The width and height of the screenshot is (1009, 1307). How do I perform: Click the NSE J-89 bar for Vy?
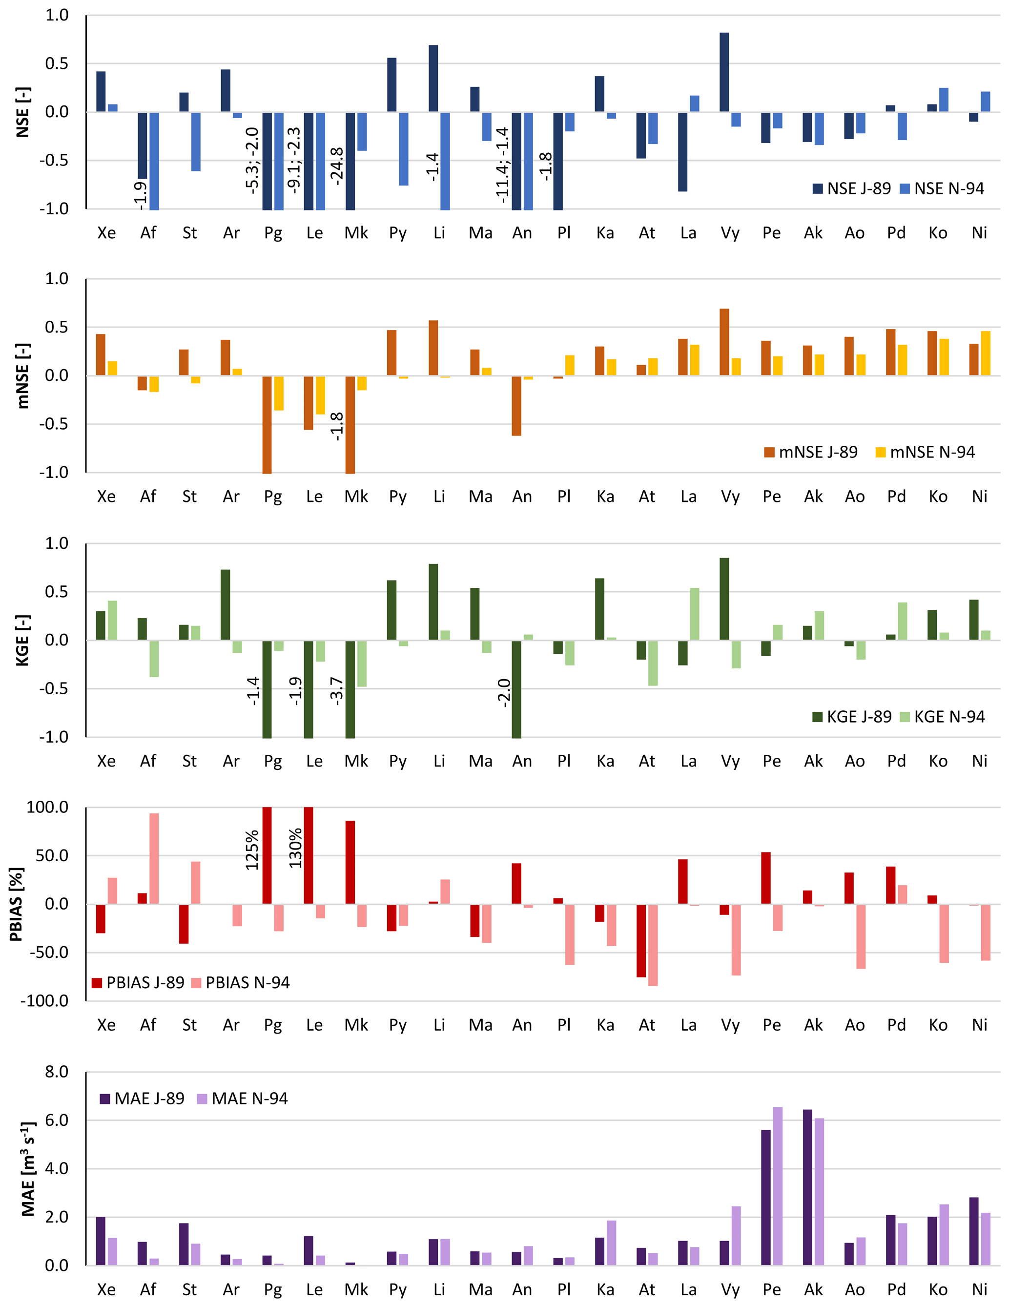(x=724, y=72)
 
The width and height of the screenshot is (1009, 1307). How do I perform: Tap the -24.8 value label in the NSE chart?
(x=337, y=166)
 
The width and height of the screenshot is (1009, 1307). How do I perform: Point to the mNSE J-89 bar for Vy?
(x=724, y=342)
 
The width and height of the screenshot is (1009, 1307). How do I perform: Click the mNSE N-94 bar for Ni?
(x=986, y=353)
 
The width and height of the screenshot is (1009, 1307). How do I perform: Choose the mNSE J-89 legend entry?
(x=810, y=453)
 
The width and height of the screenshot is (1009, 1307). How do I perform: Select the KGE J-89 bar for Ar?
(x=226, y=604)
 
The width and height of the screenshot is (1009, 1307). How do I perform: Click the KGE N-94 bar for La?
(x=695, y=614)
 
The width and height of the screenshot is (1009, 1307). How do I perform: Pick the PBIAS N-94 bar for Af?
(x=154, y=858)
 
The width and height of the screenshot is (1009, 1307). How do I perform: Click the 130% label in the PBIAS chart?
(x=296, y=849)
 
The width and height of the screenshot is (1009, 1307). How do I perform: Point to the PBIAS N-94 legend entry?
(x=241, y=983)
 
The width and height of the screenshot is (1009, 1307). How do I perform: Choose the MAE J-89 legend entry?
(x=143, y=1099)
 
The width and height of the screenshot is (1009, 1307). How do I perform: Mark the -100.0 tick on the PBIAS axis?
(x=45, y=1000)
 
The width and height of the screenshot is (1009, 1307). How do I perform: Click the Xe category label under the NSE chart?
(x=106, y=233)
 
